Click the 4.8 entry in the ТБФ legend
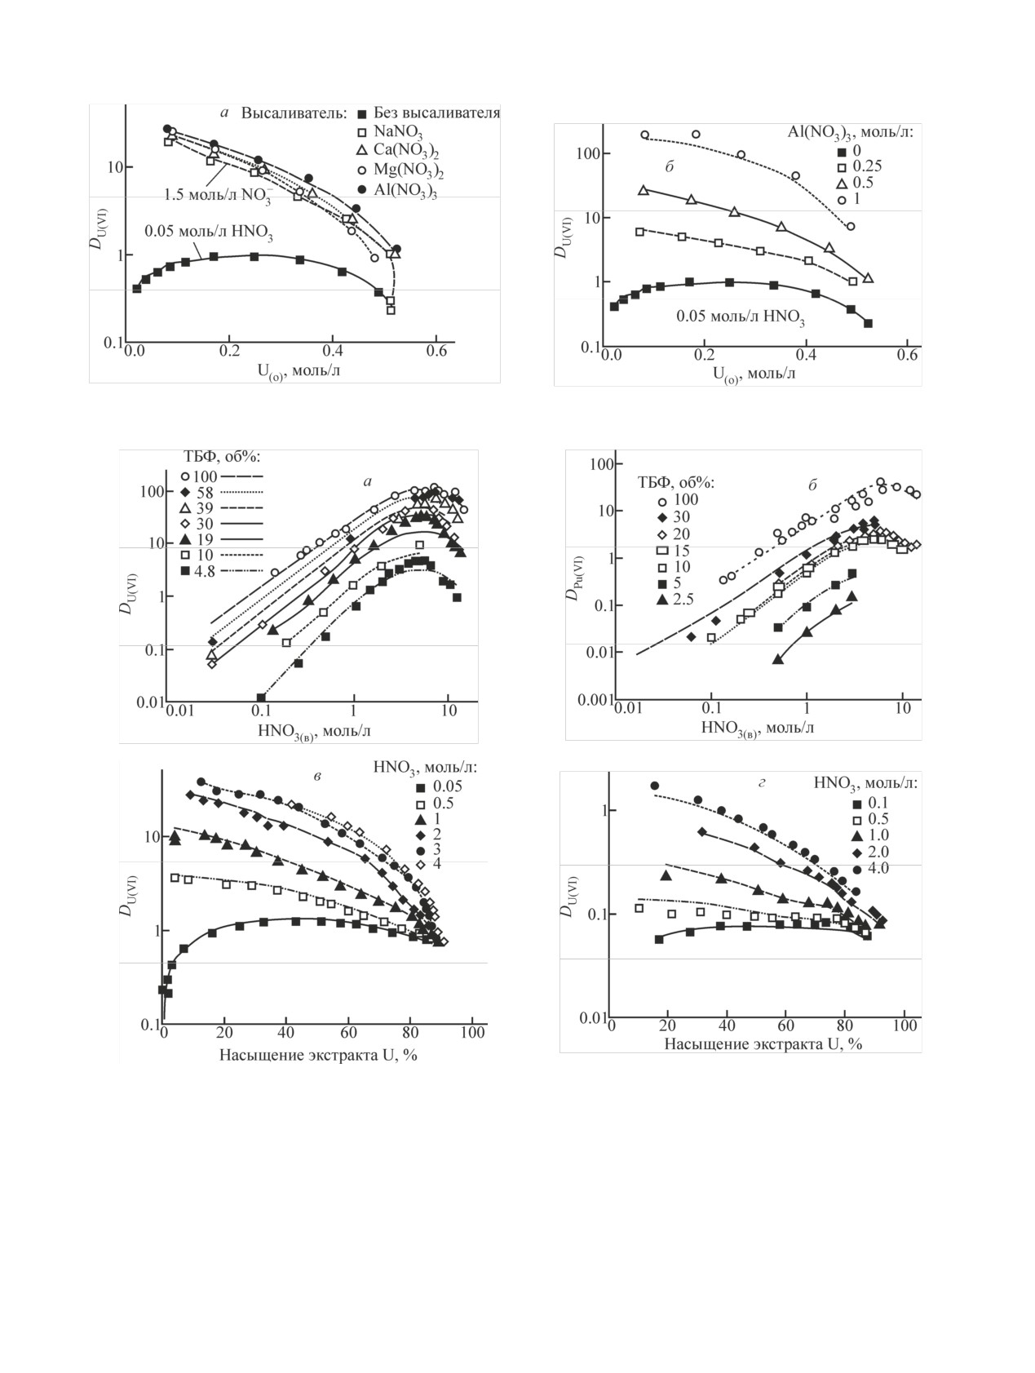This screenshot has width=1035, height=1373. click(x=204, y=571)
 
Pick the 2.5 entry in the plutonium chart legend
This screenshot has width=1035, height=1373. click(x=682, y=599)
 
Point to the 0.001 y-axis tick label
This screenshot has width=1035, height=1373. click(x=595, y=699)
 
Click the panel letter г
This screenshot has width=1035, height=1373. click(x=760, y=783)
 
